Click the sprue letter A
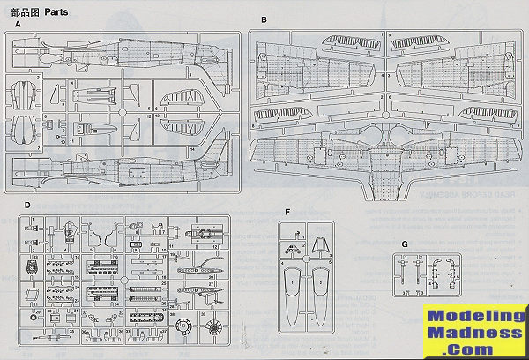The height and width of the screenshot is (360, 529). tap(19, 25)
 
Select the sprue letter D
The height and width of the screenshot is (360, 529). tap(26, 205)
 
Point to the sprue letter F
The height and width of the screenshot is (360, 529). tap(287, 212)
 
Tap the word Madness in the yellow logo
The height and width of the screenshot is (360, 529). tap(474, 333)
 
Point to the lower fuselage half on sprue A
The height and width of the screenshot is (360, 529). tap(123, 164)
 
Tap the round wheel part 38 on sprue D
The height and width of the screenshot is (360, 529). tap(183, 329)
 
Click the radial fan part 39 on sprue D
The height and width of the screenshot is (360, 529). tap(214, 329)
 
